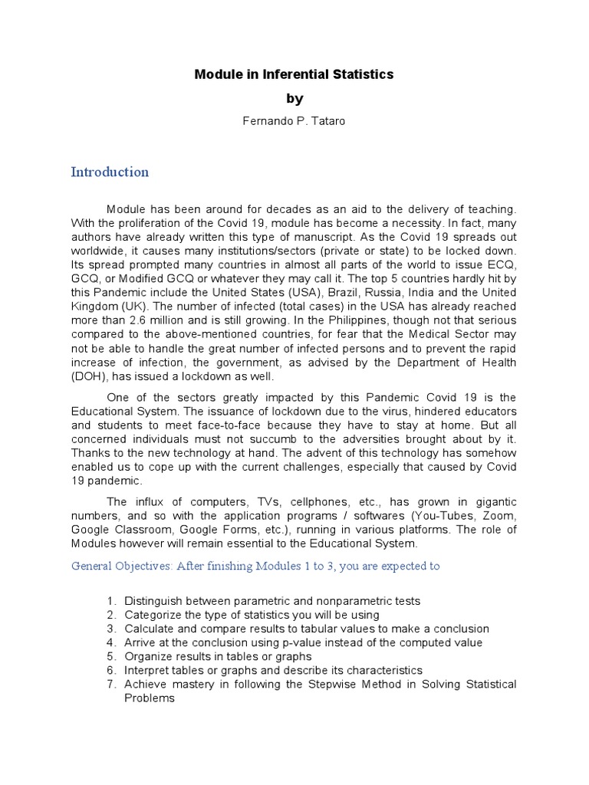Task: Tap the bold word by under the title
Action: pos(294,98)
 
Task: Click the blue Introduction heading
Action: pos(110,172)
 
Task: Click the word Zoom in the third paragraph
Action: pos(499,515)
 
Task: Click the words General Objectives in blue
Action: pos(121,566)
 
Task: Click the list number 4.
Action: pos(110,642)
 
